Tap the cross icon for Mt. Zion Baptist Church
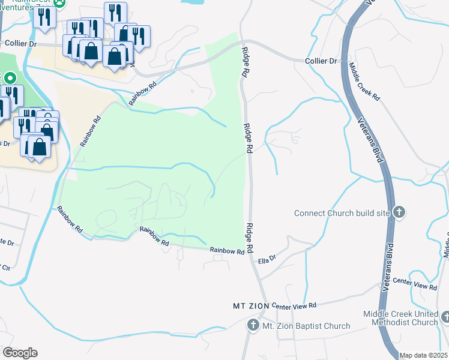[x=253, y=326]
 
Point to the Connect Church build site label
[x=342, y=213]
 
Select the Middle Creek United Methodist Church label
[x=401, y=319]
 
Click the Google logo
[x=20, y=352]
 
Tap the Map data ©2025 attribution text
[x=423, y=355]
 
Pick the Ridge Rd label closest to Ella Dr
[x=251, y=238]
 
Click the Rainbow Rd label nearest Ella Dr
[x=227, y=251]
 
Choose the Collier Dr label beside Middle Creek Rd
[x=321, y=61]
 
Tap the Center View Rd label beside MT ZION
[x=294, y=306]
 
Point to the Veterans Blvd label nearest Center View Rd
[x=390, y=264]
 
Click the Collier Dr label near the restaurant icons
[x=21, y=43]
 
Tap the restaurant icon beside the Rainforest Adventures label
[x=44, y=16]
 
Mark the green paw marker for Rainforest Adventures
[x=61, y=2]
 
